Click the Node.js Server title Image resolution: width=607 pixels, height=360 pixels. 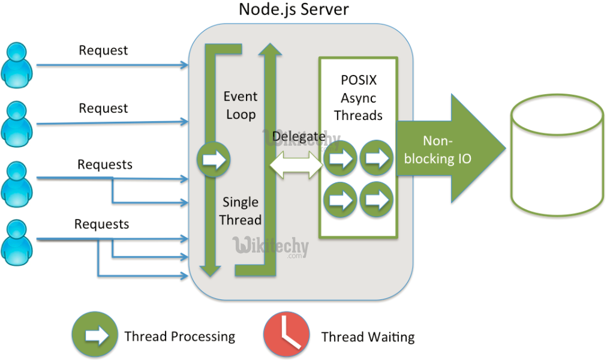click(x=294, y=10)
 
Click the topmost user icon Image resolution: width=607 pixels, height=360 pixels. click(x=16, y=63)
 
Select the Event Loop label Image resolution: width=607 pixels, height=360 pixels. click(x=241, y=105)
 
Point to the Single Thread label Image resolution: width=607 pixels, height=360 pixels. click(x=241, y=211)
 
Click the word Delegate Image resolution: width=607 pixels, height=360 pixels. click(x=299, y=136)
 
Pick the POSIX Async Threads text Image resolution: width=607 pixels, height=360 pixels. click(x=358, y=97)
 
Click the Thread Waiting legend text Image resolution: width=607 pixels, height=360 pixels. click(x=368, y=337)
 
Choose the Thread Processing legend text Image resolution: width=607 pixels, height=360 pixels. click(x=180, y=336)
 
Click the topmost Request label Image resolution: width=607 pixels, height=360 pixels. click(x=104, y=50)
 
